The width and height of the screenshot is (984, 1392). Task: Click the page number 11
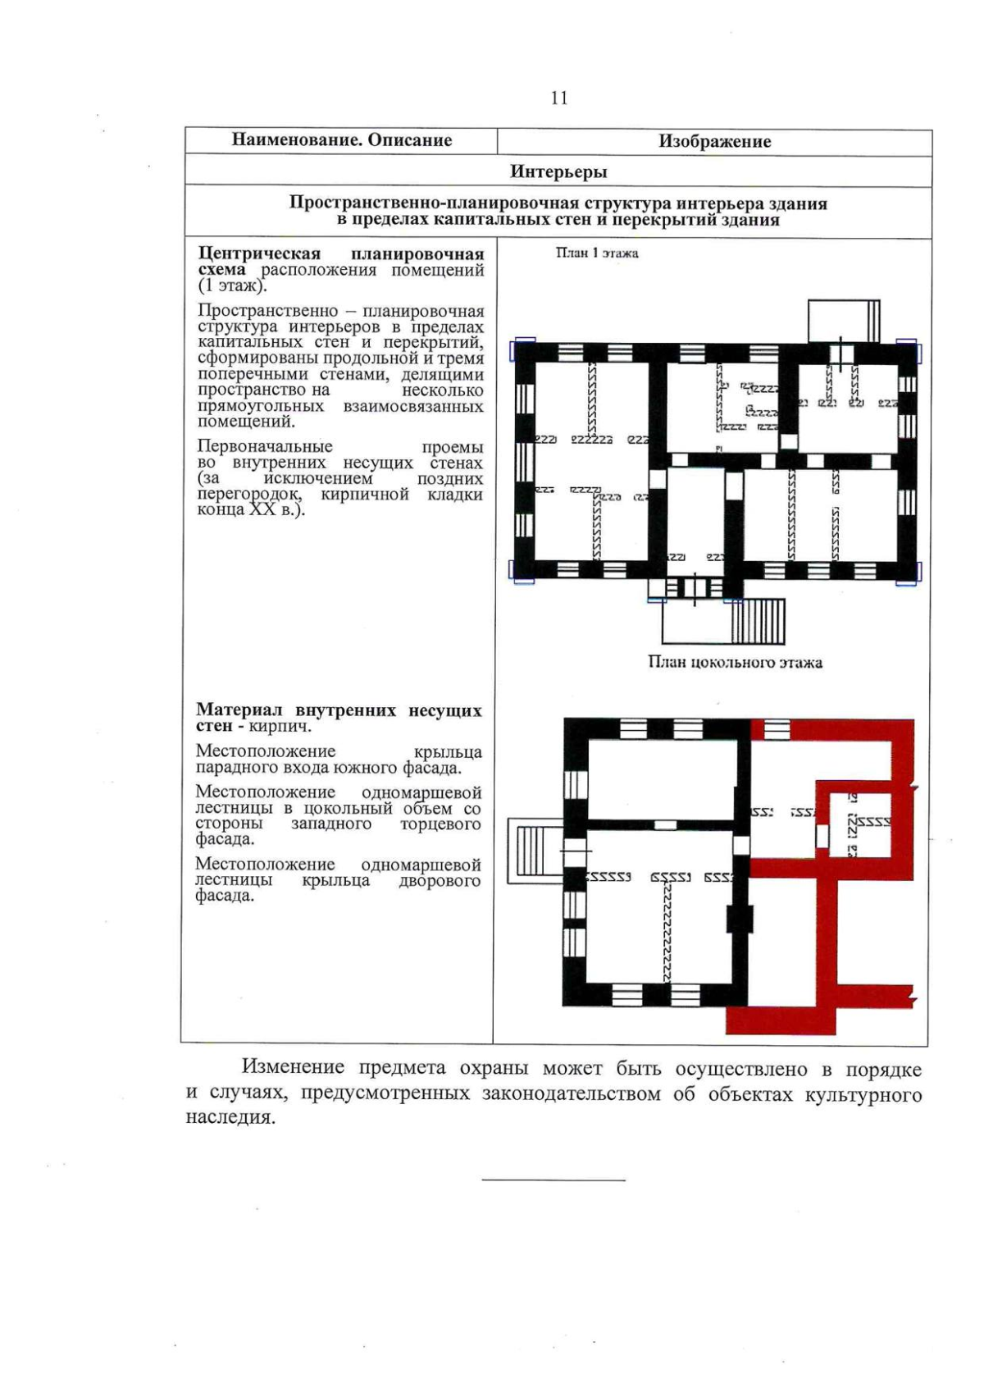(x=559, y=98)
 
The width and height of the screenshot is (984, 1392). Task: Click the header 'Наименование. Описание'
(x=342, y=140)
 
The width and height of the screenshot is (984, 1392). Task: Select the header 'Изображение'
(x=714, y=141)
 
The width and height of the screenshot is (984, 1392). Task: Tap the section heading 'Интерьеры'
(x=558, y=171)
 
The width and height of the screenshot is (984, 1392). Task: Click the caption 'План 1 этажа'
(x=597, y=253)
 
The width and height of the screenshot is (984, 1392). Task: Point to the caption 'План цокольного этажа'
(x=735, y=663)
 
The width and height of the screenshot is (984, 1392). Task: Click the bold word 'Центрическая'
(x=260, y=254)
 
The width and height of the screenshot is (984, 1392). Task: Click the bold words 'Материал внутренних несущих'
(x=339, y=710)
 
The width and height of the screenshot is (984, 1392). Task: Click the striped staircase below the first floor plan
(x=758, y=622)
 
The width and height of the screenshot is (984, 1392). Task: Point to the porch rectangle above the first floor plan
(x=843, y=321)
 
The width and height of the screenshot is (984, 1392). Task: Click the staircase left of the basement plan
(x=535, y=854)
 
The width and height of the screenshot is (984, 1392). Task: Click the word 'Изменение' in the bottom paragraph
(x=292, y=1068)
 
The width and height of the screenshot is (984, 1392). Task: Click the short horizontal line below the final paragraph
(x=553, y=1180)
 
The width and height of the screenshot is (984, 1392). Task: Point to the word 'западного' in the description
(x=331, y=824)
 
